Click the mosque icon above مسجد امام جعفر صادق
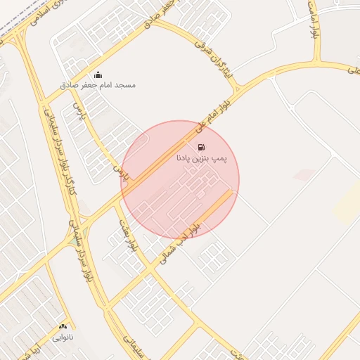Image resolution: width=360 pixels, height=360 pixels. tap(98, 75)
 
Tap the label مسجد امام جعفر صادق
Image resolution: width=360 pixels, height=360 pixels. tap(108, 85)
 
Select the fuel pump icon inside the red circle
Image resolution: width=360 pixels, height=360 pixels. tap(202, 148)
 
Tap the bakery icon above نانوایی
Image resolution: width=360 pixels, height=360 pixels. tap(64, 327)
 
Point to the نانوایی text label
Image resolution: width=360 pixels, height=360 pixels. tap(64, 337)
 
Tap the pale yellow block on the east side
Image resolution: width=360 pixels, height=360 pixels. tap(347, 204)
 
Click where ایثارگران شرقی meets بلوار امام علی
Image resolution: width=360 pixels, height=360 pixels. tap(237, 90)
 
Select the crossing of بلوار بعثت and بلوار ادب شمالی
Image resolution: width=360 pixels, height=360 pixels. tap(149, 269)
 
